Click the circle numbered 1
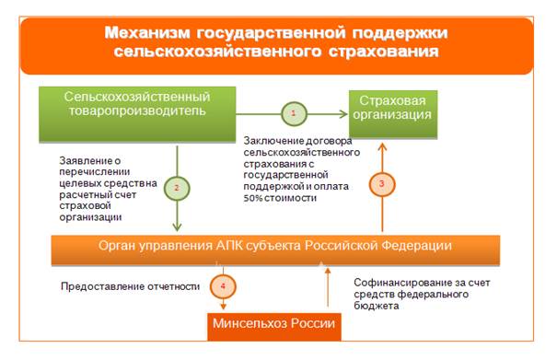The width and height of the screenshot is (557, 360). pos(294,114)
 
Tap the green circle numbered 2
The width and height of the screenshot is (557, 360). pos(177,189)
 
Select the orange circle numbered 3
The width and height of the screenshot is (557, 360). pos(382,184)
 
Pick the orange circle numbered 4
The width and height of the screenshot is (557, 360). pos(223,286)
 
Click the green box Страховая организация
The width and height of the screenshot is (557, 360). pos(393,114)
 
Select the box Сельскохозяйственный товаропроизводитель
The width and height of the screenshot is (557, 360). pos(137,114)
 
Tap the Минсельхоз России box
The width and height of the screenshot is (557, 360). pos(274,327)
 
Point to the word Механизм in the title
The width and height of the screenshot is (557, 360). pos(147,33)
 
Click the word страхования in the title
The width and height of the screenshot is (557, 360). pos(384,52)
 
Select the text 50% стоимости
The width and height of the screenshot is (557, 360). pos(280,198)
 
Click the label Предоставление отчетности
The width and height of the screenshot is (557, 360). pos(131,286)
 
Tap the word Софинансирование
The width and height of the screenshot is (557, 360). pos(403,283)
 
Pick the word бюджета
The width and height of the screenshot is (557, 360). pos(377,306)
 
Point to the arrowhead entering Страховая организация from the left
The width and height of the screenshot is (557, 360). pos(343,114)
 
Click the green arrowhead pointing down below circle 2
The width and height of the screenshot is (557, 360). pos(177,226)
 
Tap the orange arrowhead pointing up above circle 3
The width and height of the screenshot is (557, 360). pos(382,147)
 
